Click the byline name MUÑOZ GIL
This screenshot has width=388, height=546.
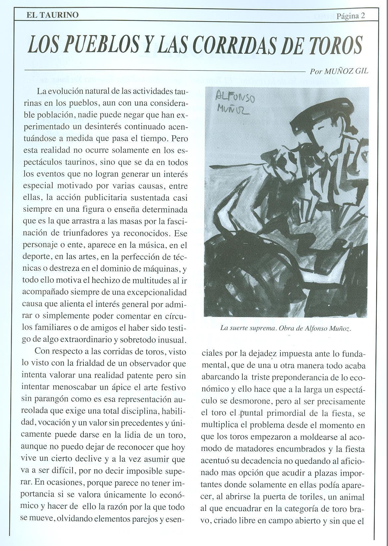tap(346, 71)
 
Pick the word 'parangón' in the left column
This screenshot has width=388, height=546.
tap(51, 399)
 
